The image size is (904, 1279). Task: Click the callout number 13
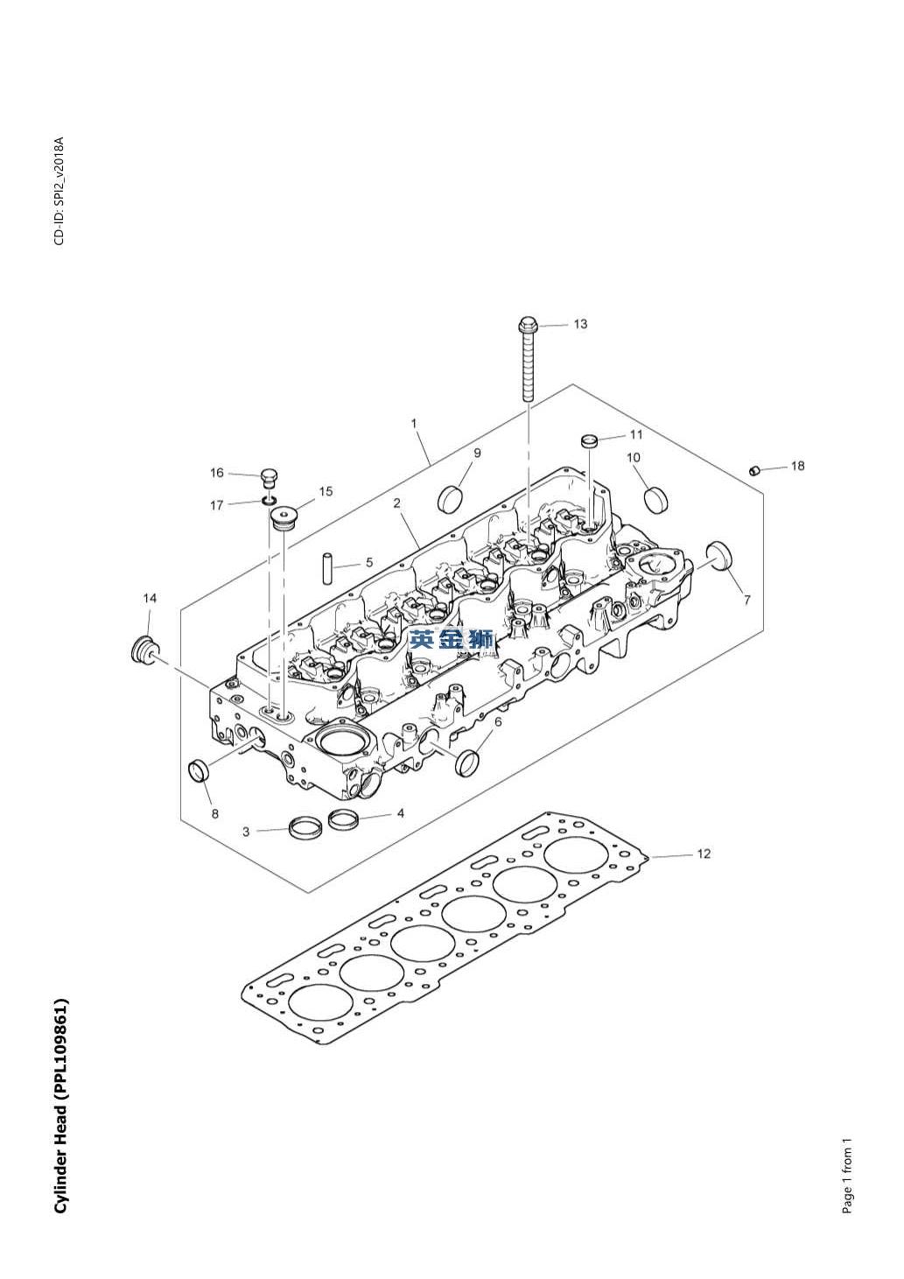[x=580, y=324]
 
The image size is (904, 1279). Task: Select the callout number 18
[x=797, y=466]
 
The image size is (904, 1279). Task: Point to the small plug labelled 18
[x=753, y=470]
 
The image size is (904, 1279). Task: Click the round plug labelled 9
[x=450, y=498]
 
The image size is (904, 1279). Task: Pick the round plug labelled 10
[x=654, y=498]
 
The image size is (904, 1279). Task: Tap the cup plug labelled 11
[x=589, y=441]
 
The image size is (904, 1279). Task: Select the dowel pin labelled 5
[x=327, y=567]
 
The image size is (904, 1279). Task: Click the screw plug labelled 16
[x=269, y=477]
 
